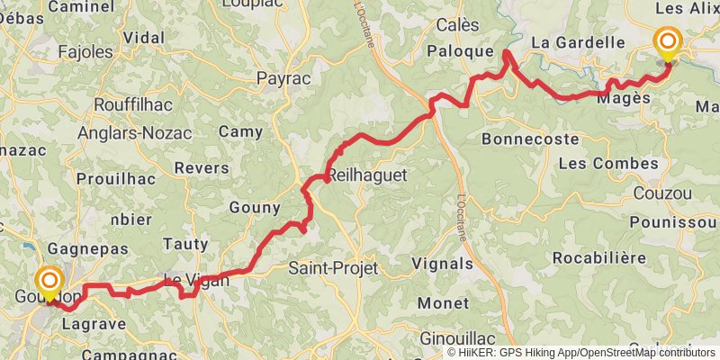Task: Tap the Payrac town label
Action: point(283,79)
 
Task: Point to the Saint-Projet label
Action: point(331,268)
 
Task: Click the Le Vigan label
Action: point(196,280)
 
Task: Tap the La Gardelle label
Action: point(578,42)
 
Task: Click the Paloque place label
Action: point(461,76)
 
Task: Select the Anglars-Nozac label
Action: point(134,132)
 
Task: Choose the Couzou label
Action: point(663,193)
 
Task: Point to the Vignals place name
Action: point(441,264)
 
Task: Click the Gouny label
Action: point(256,208)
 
